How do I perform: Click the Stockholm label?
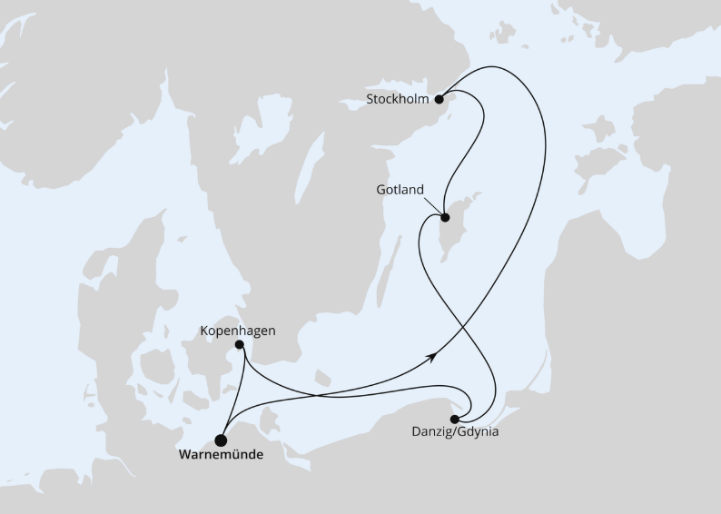(x=398, y=98)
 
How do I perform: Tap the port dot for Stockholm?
(x=439, y=99)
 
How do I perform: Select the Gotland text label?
(x=400, y=190)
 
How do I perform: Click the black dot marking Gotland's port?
(x=445, y=217)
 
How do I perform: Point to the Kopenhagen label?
(x=238, y=331)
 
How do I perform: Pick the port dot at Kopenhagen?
(x=239, y=345)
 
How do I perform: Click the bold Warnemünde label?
(x=222, y=455)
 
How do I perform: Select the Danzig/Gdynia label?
(x=462, y=432)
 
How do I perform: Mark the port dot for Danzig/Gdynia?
(x=454, y=419)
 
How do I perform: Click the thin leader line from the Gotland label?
(x=433, y=206)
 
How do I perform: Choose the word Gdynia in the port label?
(x=478, y=432)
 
